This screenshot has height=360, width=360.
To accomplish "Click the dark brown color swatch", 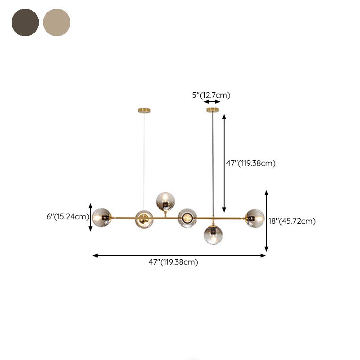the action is (25, 22).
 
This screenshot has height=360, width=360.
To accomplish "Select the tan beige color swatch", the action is (57, 22).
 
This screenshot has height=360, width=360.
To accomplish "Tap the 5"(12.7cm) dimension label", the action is (211, 95).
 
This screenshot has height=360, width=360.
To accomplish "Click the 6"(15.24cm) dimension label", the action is (68, 216).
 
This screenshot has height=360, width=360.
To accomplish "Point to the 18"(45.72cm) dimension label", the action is (292, 221).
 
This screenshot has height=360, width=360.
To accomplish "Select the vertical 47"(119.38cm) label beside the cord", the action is (251, 163).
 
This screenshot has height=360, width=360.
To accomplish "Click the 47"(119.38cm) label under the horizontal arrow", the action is (173, 262).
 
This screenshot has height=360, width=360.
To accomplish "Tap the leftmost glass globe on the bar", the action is (102, 218).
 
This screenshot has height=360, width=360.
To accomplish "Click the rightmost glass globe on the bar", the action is (255, 218).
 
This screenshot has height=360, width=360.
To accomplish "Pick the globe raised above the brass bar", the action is (165, 202).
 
